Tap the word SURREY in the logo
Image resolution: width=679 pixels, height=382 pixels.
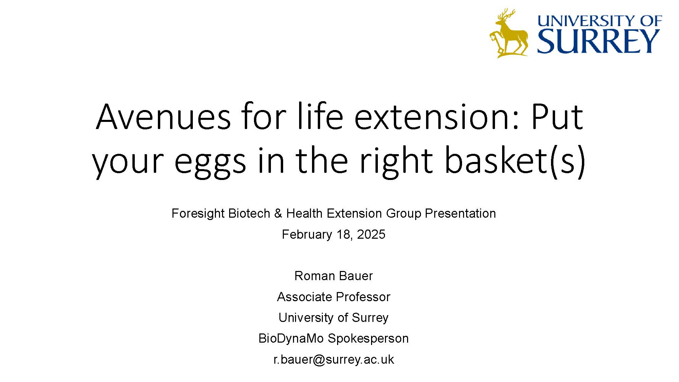(598, 41)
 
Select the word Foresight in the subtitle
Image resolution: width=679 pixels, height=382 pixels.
(198, 214)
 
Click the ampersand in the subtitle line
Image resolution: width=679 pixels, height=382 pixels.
(278, 214)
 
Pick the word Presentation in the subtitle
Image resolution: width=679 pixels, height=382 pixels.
(460, 213)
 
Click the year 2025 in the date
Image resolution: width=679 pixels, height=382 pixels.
(371, 235)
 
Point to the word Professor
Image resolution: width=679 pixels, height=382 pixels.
(363, 297)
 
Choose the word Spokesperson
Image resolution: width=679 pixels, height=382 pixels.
(368, 339)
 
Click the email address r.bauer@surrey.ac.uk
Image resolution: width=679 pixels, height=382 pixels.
(334, 360)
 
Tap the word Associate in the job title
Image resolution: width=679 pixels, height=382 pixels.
(305, 297)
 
